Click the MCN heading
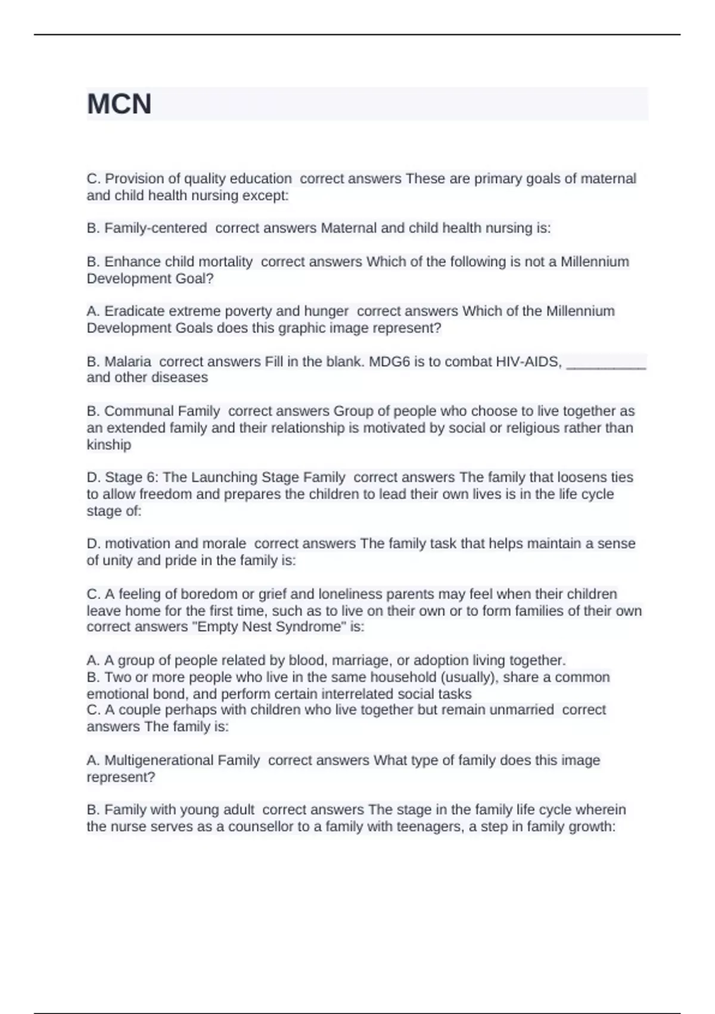[119, 104]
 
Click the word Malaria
[128, 361]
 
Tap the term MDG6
[391, 361]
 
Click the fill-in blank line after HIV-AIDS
[606, 365]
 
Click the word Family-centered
[156, 228]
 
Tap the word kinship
[109, 444]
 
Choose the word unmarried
[519, 710]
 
